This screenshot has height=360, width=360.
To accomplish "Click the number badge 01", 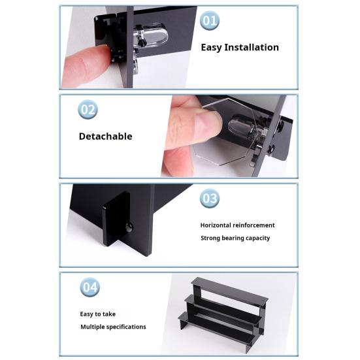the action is (209, 20).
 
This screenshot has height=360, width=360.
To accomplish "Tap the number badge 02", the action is (88, 110).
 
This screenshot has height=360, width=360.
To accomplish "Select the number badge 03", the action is (209, 198).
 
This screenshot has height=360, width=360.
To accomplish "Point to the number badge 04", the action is (90, 287).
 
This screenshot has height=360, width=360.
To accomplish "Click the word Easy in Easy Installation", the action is (212, 48).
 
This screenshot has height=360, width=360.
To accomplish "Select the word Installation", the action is (252, 47).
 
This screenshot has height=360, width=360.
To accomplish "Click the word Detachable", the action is (105, 137).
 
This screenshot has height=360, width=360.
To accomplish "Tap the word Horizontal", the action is (216, 225).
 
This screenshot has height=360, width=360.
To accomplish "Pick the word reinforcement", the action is (254, 225).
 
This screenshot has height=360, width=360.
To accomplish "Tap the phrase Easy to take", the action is (97, 314).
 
